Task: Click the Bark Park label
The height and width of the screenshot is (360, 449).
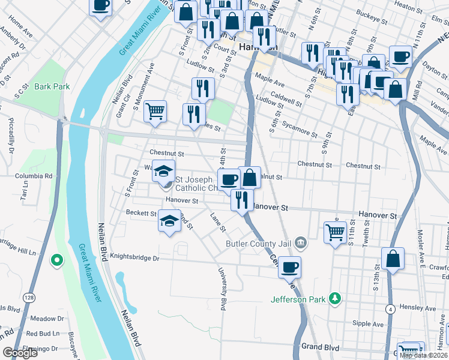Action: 52,86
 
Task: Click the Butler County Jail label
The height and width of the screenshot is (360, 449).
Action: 260,244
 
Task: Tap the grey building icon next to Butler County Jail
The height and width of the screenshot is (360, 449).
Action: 301,244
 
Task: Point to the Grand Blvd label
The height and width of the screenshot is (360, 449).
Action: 320,347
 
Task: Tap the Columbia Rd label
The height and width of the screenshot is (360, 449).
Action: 38,176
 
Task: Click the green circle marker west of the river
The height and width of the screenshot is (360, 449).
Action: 56,260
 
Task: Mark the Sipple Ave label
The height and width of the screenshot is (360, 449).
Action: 368,324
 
